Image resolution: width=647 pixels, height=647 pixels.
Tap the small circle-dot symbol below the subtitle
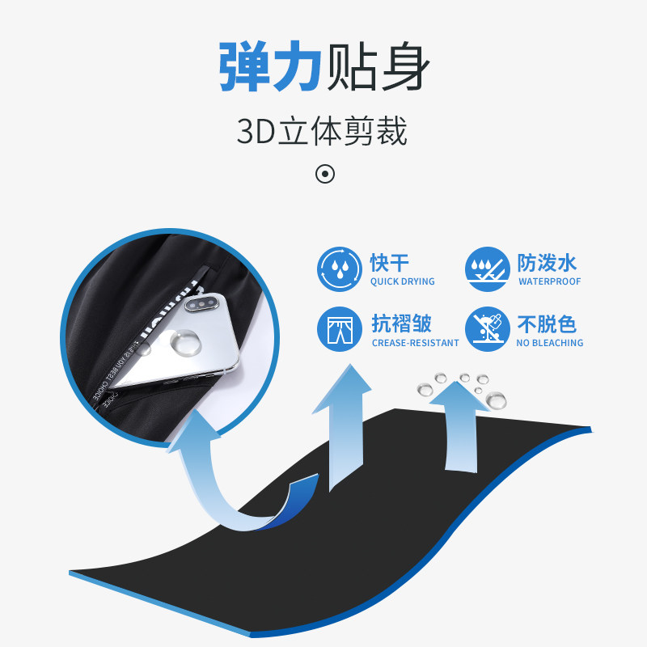click(x=324, y=174)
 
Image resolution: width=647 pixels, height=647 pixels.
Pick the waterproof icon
click(x=487, y=269)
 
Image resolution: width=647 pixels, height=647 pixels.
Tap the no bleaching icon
click(x=487, y=329)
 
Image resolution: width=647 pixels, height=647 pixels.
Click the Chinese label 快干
click(x=390, y=263)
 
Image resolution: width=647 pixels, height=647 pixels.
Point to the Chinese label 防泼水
click(x=547, y=263)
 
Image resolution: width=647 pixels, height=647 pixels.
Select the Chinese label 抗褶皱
click(x=401, y=323)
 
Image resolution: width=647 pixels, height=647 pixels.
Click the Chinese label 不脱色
click(x=547, y=323)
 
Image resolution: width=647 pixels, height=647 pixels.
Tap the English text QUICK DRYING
click(x=402, y=281)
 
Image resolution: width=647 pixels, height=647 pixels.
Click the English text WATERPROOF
click(x=550, y=281)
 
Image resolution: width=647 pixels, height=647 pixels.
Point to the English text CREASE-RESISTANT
click(x=415, y=343)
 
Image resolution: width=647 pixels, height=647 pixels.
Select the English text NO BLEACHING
click(x=550, y=343)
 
